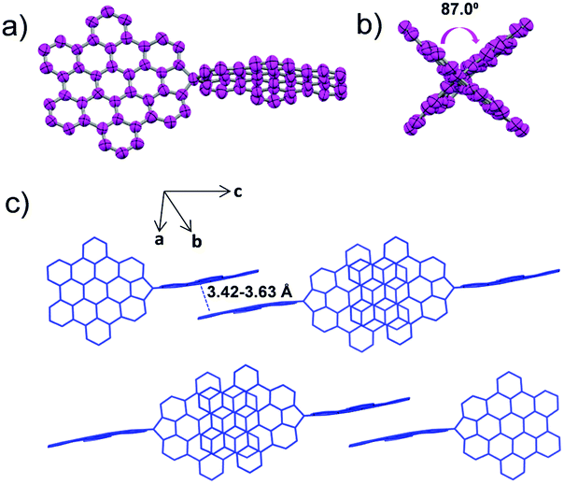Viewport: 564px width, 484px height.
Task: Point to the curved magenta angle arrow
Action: pyautogui.click(x=470, y=34)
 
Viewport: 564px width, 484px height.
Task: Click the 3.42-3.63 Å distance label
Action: pyautogui.click(x=250, y=293)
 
